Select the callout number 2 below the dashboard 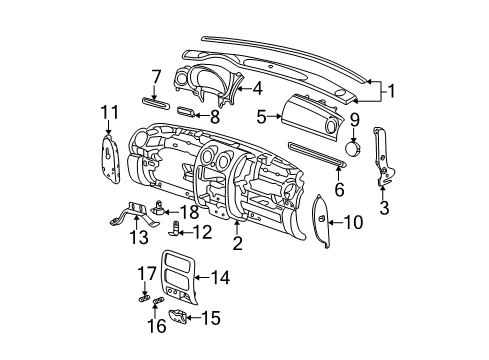click(x=237, y=242)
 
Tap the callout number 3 click(x=383, y=207)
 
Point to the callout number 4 click(x=257, y=88)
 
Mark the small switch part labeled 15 click(x=179, y=317)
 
